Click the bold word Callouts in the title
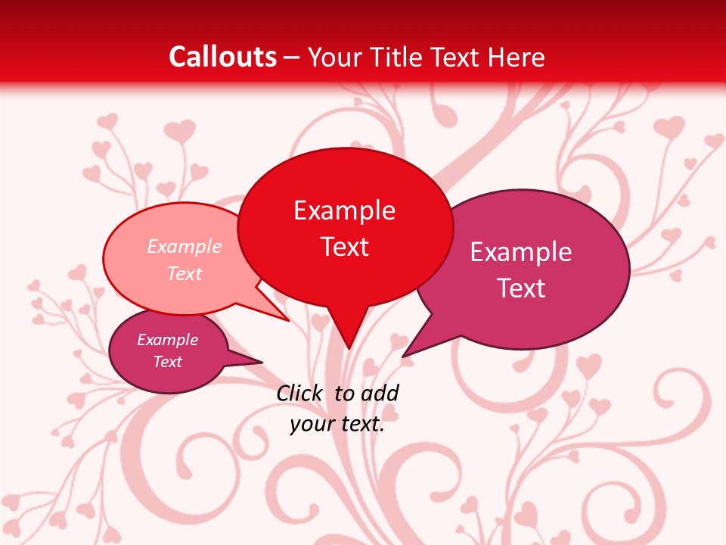coord(222,57)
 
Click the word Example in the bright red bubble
coord(344,210)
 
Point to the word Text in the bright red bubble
coord(345,247)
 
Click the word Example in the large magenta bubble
coord(520,252)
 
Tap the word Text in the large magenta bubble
coord(521,288)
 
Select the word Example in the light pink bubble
coord(184,247)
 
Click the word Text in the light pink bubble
coord(184,273)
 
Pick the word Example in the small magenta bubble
coord(167,340)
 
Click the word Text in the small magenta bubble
coord(167,362)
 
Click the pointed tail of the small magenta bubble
coord(259,362)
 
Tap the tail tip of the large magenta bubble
coord(405,355)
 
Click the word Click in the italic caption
coord(300,394)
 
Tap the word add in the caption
coord(380,394)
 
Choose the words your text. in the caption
coord(337,424)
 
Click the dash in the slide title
coord(292,58)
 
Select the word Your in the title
coord(334,57)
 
